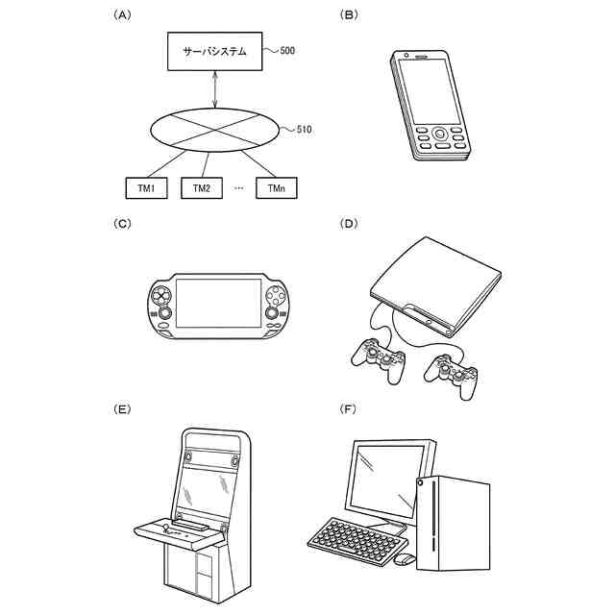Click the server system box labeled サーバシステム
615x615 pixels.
(214, 51)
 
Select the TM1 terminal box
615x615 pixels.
(146, 188)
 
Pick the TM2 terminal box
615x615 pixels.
(202, 188)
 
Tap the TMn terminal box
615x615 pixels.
(277, 188)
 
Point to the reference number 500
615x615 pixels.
(287, 51)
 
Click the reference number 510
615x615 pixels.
(304, 130)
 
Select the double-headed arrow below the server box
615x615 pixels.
(214, 89)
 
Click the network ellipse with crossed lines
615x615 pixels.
(215, 130)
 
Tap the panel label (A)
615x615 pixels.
(122, 15)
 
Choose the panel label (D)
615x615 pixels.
(349, 224)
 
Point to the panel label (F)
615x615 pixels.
(348, 409)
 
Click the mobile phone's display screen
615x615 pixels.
(430, 91)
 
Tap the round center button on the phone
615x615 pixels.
(440, 135)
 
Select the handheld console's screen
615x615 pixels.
(218, 304)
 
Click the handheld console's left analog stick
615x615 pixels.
(164, 313)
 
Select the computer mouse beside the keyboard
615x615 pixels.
(405, 559)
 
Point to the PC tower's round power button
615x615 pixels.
(421, 482)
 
